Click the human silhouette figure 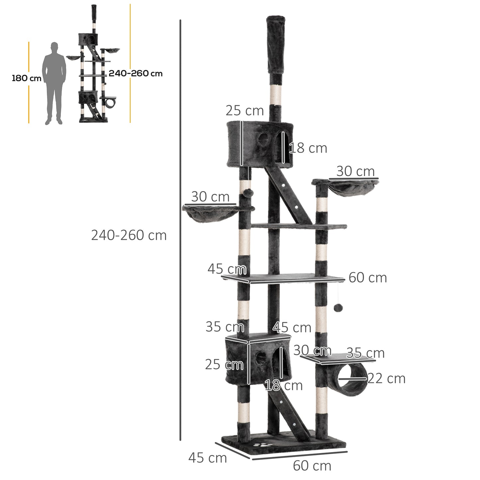coord(54,83)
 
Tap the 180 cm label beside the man coord(27,78)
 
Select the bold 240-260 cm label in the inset coord(136,73)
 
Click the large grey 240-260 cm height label coord(129,236)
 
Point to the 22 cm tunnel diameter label coord(386,378)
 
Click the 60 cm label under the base coord(312,466)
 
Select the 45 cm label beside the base coord(208,458)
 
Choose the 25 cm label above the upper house coord(244,111)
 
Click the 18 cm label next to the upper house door coord(308,148)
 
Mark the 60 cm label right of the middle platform coord(368,278)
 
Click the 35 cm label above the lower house coord(225,327)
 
